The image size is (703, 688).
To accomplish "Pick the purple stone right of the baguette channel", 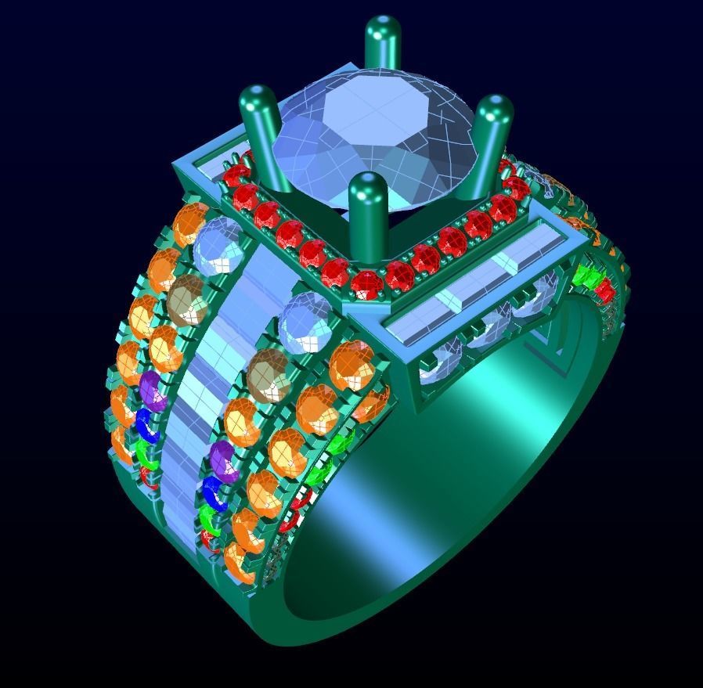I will coord(224,460).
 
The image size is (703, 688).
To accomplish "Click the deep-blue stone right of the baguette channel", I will coord(217,492).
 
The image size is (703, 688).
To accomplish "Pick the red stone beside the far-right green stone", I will coord(604,290).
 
